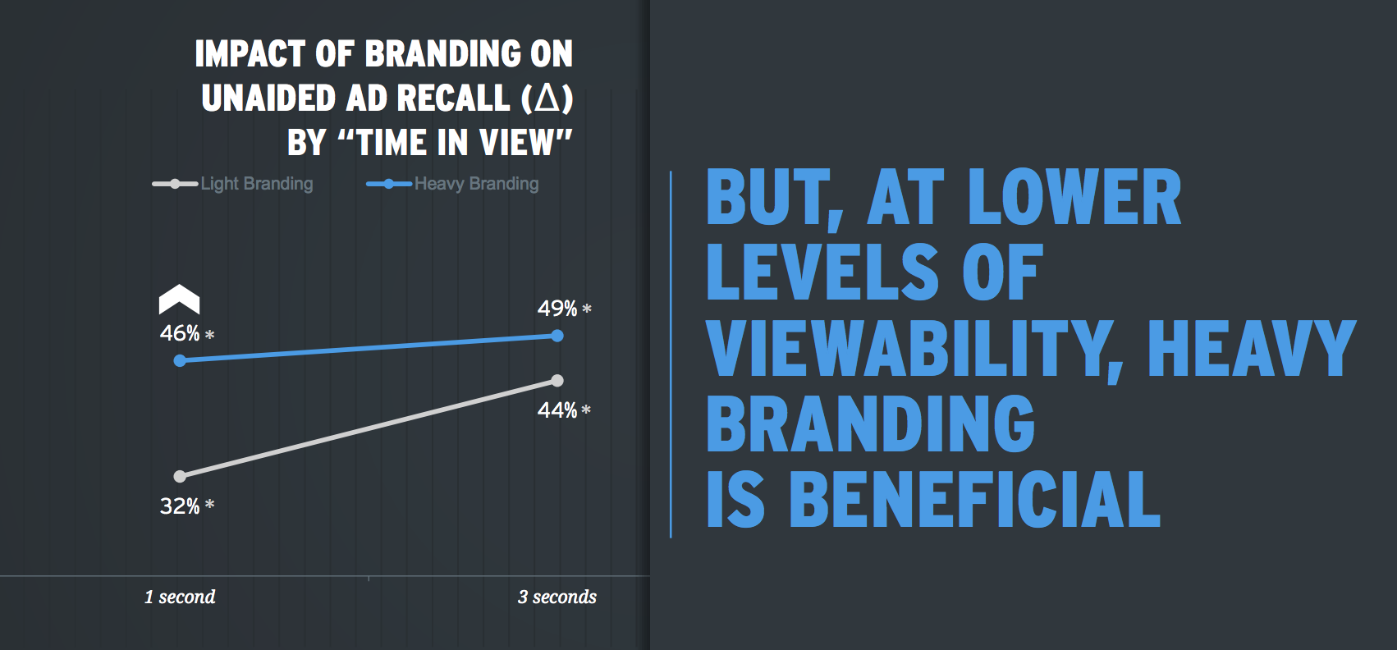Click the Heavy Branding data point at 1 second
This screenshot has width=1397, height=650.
click(x=180, y=360)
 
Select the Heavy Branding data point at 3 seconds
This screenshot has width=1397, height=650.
click(x=557, y=336)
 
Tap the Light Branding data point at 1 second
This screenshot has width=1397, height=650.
click(x=180, y=476)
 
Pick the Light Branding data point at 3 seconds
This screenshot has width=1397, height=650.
click(x=557, y=380)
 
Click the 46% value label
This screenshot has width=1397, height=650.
click(x=181, y=333)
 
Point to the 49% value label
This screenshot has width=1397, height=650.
click(x=557, y=309)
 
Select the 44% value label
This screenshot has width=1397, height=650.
click(x=557, y=410)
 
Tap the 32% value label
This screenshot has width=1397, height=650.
click(x=181, y=506)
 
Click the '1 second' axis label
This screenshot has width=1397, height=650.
click(x=180, y=597)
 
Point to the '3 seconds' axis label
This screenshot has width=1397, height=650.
click(x=557, y=597)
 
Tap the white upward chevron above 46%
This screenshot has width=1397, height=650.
click(x=179, y=300)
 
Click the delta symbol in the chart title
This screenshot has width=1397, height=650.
click(x=547, y=98)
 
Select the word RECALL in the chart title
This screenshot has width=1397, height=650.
click(x=453, y=98)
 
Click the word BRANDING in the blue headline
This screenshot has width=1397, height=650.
click(x=871, y=423)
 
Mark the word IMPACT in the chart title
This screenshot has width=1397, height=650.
click(x=250, y=54)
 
